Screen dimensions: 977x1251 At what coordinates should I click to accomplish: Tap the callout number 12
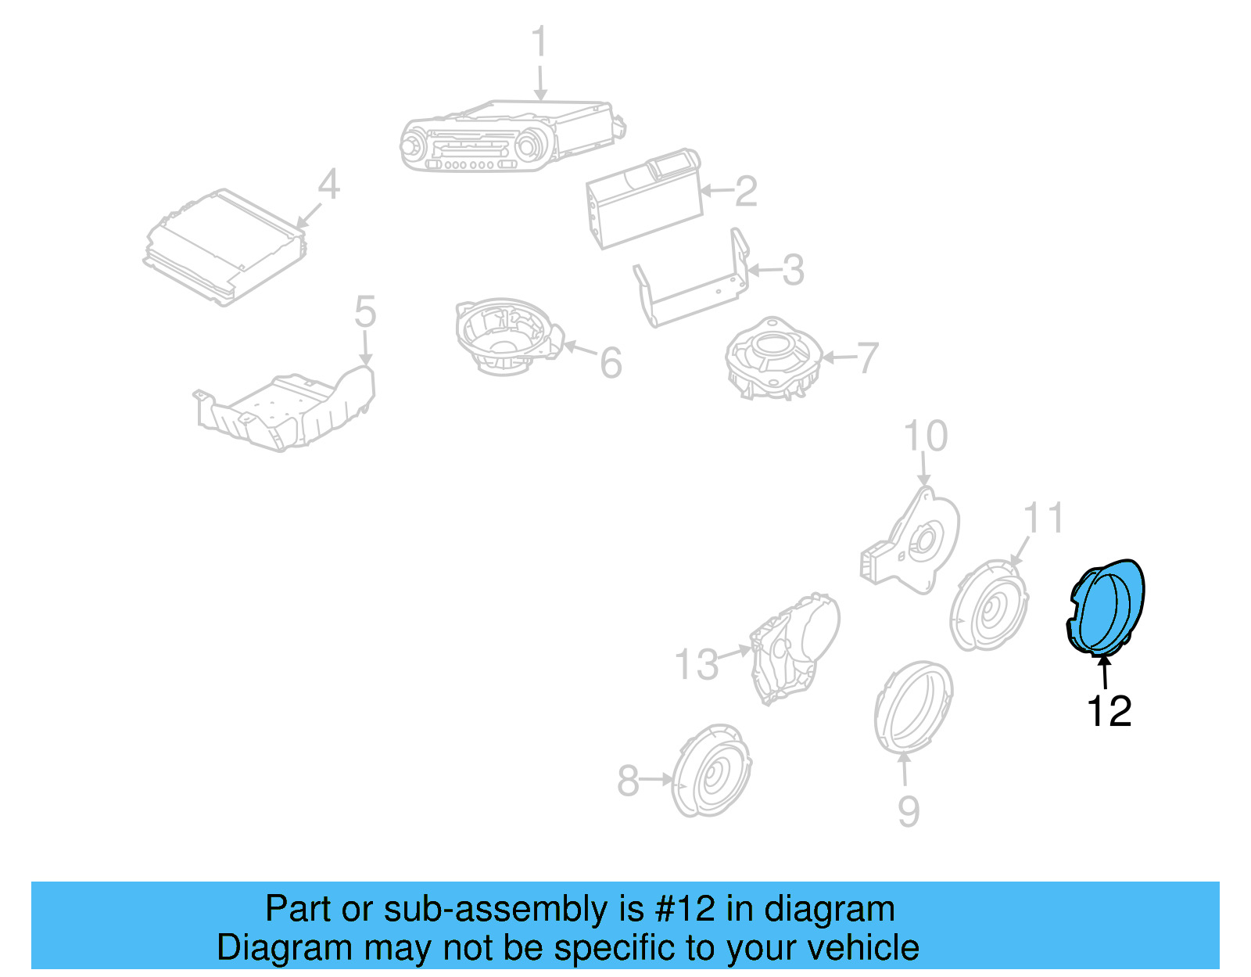click(x=1109, y=711)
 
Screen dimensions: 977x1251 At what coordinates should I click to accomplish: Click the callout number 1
click(x=539, y=42)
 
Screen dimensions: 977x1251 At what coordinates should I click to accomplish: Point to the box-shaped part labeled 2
click(x=643, y=199)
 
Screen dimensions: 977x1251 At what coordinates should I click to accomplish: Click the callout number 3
click(x=793, y=270)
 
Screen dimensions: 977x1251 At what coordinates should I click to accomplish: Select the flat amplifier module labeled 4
click(x=225, y=246)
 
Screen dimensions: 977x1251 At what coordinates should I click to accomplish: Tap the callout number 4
click(x=328, y=185)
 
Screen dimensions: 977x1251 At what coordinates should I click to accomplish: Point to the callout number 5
click(x=365, y=311)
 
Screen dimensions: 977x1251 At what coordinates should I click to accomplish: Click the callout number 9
click(x=908, y=811)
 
